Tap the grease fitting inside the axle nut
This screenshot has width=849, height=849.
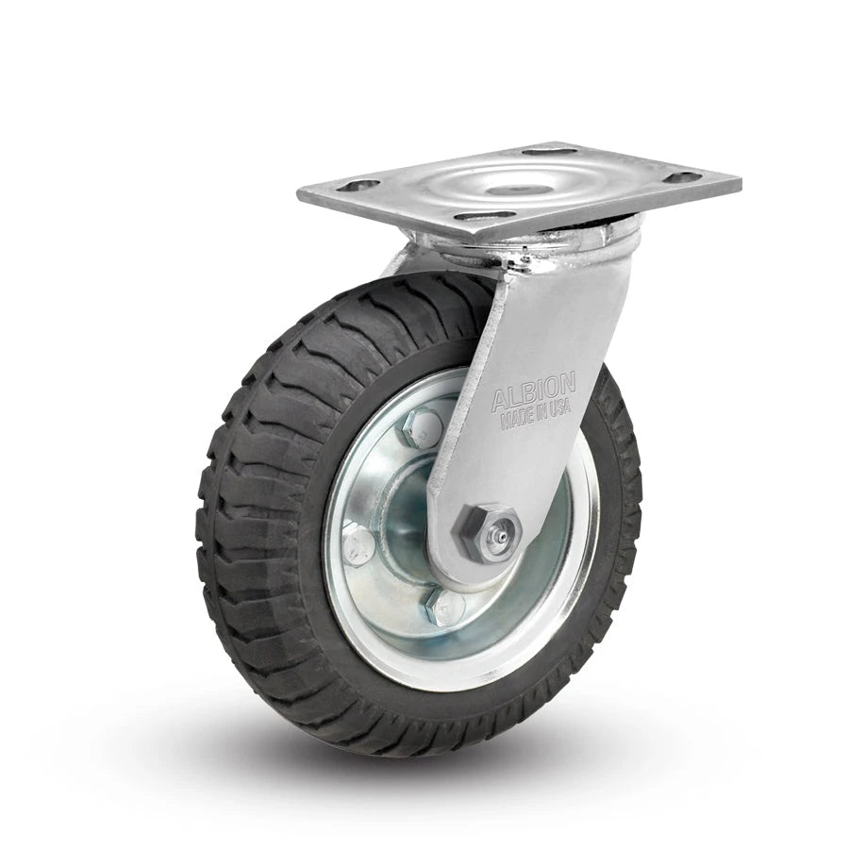click(x=501, y=535)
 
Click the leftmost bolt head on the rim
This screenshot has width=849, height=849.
click(x=358, y=544)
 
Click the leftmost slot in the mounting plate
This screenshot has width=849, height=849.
click(x=358, y=186)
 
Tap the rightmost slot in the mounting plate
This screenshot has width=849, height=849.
click(x=682, y=176)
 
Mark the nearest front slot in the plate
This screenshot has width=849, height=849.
click(x=485, y=216)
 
